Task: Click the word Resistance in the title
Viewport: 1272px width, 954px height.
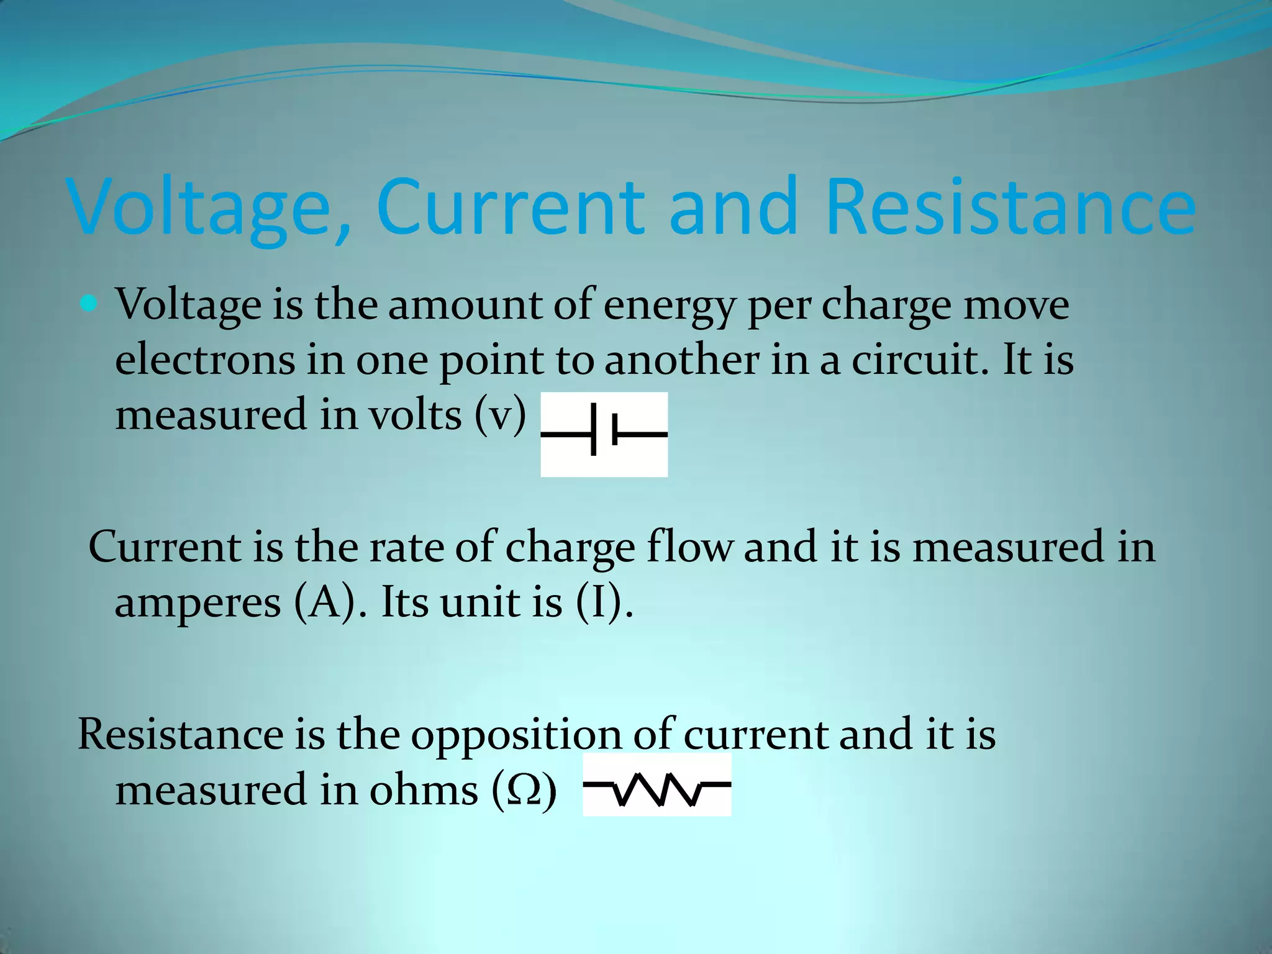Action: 1011,208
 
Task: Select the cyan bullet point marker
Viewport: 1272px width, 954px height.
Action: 89,304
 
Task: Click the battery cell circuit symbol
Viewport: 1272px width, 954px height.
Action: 604,434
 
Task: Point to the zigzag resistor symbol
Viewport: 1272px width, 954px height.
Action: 657,785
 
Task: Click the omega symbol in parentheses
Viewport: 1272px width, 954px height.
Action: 524,791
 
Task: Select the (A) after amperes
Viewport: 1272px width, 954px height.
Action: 326,602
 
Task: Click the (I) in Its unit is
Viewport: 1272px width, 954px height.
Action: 599,602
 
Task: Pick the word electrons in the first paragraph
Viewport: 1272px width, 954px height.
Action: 205,360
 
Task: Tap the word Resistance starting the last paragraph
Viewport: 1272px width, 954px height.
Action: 181,735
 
